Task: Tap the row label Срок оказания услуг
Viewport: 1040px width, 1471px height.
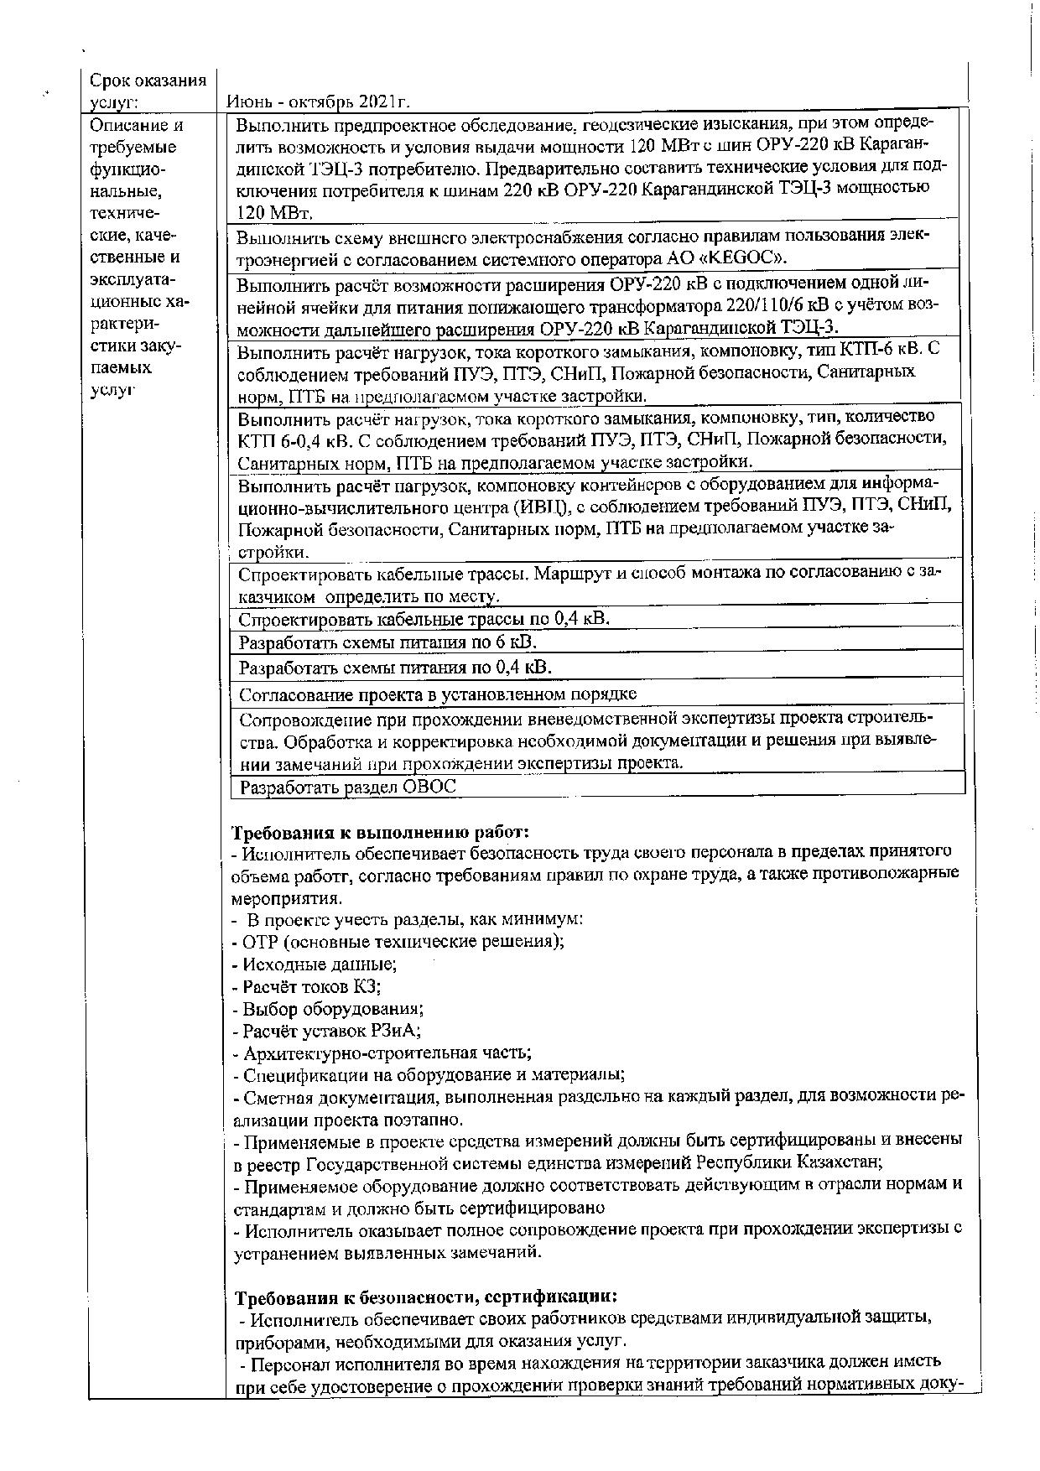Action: (x=148, y=91)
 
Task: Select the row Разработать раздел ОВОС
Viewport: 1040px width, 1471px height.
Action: (x=347, y=787)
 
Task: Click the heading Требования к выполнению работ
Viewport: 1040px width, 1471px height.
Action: (x=381, y=833)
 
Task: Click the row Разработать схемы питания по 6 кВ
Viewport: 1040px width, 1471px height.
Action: (x=387, y=642)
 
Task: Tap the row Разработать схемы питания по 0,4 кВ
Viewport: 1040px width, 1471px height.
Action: (x=396, y=668)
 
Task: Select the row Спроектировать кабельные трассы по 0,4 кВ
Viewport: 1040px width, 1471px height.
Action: (x=424, y=620)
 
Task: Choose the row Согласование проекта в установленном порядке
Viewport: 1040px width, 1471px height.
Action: (x=438, y=694)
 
